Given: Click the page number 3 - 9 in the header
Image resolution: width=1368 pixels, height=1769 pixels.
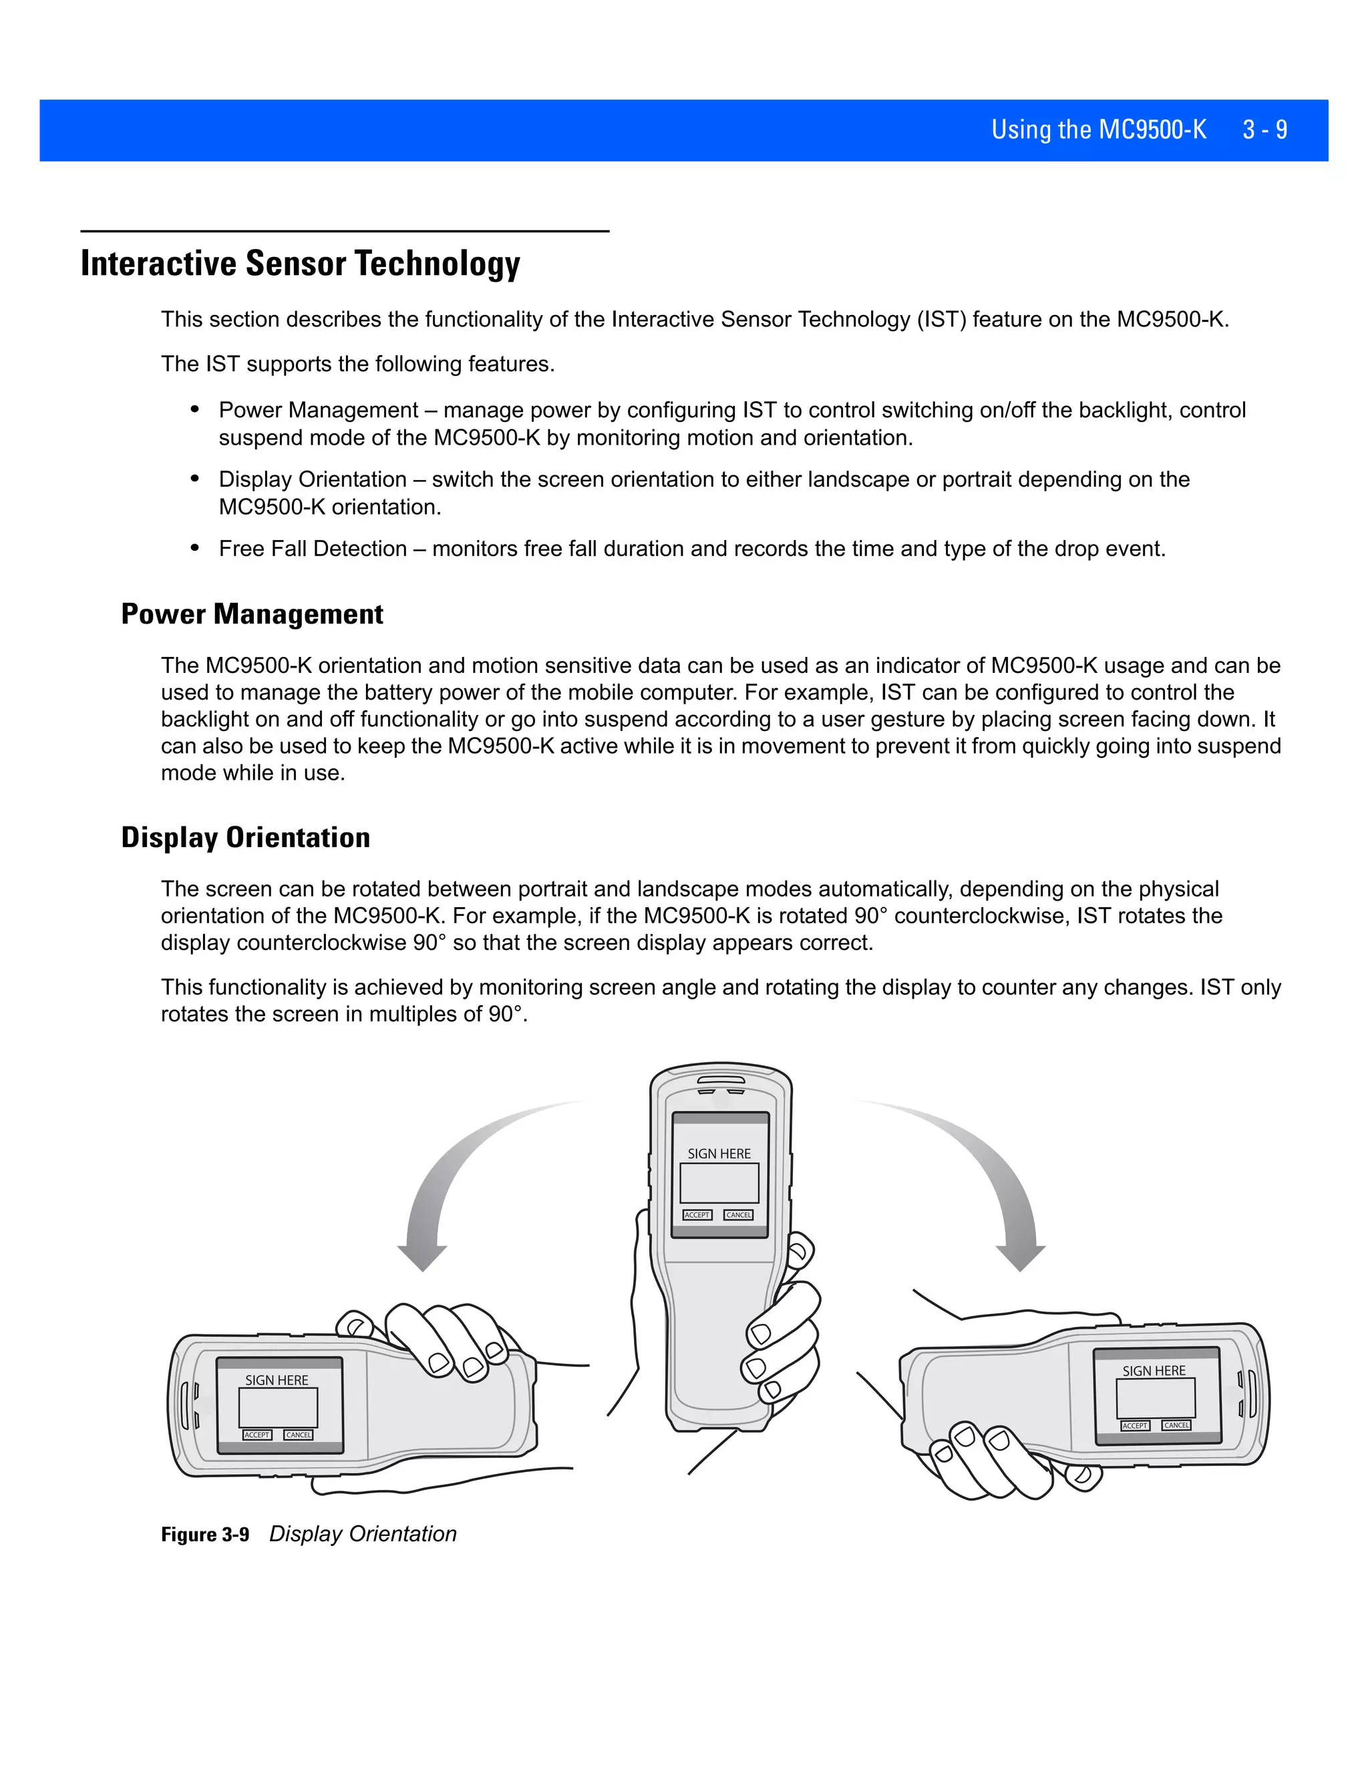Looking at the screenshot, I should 1264,130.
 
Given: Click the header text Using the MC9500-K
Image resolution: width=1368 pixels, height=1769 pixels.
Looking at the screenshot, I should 1098,130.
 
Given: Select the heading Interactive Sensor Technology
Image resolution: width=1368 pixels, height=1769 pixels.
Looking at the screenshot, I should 300,264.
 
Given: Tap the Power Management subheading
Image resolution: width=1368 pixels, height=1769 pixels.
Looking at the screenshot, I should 252,614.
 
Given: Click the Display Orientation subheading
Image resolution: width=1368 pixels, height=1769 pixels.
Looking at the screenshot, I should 246,838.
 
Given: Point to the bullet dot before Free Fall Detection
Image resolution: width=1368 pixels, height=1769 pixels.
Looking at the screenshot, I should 194,548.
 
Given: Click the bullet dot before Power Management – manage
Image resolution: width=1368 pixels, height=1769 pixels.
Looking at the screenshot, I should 194,410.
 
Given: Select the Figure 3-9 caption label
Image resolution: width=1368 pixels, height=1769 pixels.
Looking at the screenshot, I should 205,1535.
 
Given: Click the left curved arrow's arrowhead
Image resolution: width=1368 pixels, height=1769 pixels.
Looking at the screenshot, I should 422,1256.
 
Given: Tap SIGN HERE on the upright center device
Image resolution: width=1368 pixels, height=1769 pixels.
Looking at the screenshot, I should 719,1154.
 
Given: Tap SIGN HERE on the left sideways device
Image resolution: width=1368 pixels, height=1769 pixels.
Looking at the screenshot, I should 277,1380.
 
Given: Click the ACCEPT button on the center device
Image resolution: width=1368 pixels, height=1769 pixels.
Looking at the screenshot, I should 697,1215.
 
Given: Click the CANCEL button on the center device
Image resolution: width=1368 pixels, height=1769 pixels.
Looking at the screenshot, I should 738,1215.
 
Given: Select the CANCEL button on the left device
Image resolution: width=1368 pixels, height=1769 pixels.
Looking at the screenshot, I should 298,1435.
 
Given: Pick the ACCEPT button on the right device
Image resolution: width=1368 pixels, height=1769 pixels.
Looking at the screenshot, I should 1135,1426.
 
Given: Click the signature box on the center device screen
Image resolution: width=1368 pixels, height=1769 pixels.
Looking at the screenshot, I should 719,1184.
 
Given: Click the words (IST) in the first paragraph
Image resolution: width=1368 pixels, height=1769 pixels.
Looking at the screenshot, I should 942,319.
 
